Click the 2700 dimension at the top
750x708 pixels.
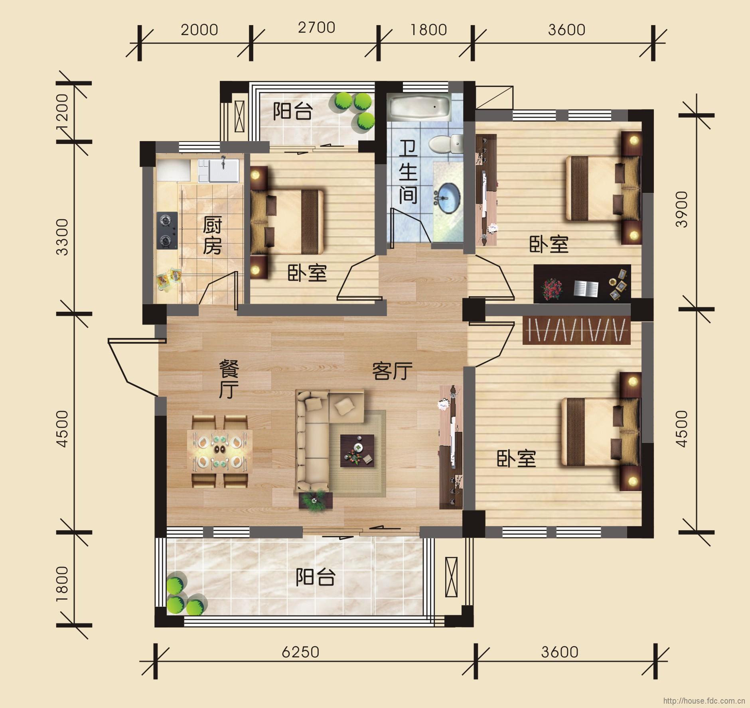pos(316,28)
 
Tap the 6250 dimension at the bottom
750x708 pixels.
pos(300,652)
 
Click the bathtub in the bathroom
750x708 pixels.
pos(420,107)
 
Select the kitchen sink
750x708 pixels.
pos(224,170)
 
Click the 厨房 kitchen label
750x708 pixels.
pos(212,236)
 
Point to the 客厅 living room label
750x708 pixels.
pos(392,372)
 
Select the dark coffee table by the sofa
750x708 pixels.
pos(357,451)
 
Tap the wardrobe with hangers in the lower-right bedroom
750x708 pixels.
pos(576,330)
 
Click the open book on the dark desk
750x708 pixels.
pos(586,288)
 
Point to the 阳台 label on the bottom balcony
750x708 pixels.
pos(315,578)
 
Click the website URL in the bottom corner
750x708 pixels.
pos(704,701)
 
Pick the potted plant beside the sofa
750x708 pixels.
pos(316,500)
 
